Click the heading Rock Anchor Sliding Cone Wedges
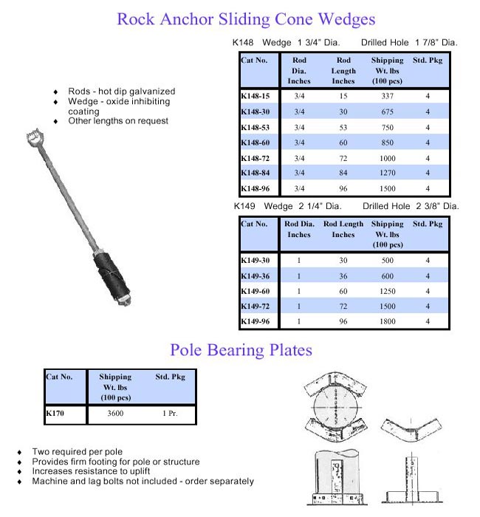(246, 19)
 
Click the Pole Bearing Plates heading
(241, 349)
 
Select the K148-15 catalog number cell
(255, 96)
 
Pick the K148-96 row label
(255, 188)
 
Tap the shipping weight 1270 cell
(387, 173)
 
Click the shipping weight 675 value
(387, 112)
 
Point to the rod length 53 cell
(343, 127)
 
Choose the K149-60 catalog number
(255, 291)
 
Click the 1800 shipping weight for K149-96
(387, 322)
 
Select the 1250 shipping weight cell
(387, 291)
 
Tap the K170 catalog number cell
(55, 414)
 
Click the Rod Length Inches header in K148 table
(343, 70)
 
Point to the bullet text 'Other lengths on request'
(118, 120)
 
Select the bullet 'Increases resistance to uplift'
(95, 471)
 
